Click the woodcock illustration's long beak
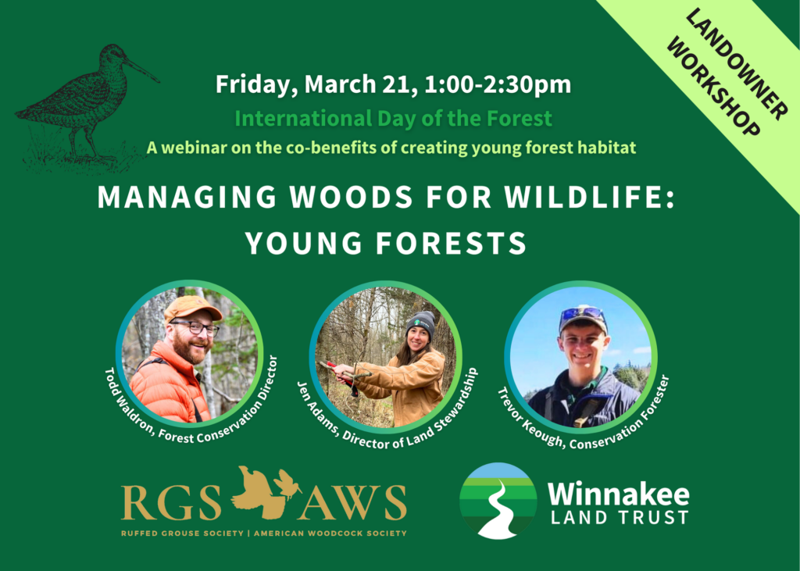coord(142,70)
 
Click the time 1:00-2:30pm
coord(498,84)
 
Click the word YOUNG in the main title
coord(304,243)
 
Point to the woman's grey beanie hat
coord(421,324)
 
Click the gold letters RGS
coord(171,502)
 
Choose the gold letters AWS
coord(352,502)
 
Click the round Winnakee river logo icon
coord(498,501)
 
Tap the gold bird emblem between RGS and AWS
coord(262,489)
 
